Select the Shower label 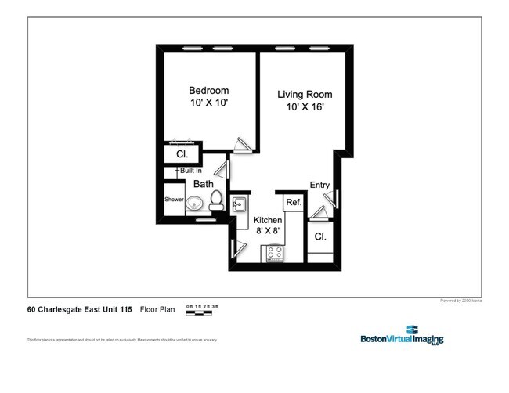click(173, 200)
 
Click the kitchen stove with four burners click(275, 252)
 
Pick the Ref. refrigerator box click(294, 203)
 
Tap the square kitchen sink click(239, 205)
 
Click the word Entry click(319, 185)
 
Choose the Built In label click(190, 171)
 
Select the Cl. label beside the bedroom click(181, 154)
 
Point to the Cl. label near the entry click(319, 236)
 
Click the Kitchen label click(268, 220)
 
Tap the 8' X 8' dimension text click(268, 232)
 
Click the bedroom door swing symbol click(243, 146)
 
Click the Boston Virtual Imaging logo click(402, 336)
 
